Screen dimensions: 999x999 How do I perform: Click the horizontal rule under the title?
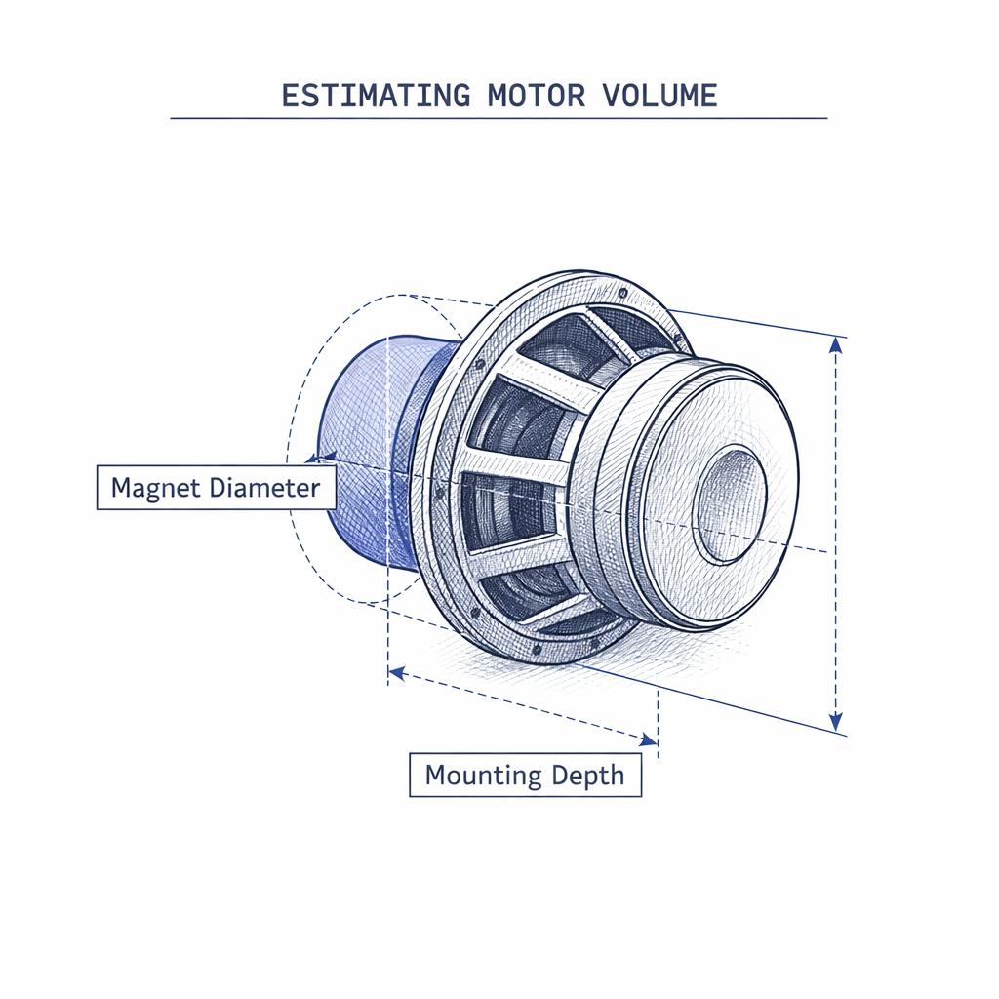(x=499, y=118)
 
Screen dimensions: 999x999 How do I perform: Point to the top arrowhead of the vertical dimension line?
(x=835, y=342)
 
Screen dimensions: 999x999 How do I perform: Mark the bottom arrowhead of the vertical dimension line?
(x=835, y=723)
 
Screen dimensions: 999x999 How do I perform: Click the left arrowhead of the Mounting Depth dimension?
(x=396, y=672)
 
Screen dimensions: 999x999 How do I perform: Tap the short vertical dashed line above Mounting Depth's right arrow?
(x=659, y=717)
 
